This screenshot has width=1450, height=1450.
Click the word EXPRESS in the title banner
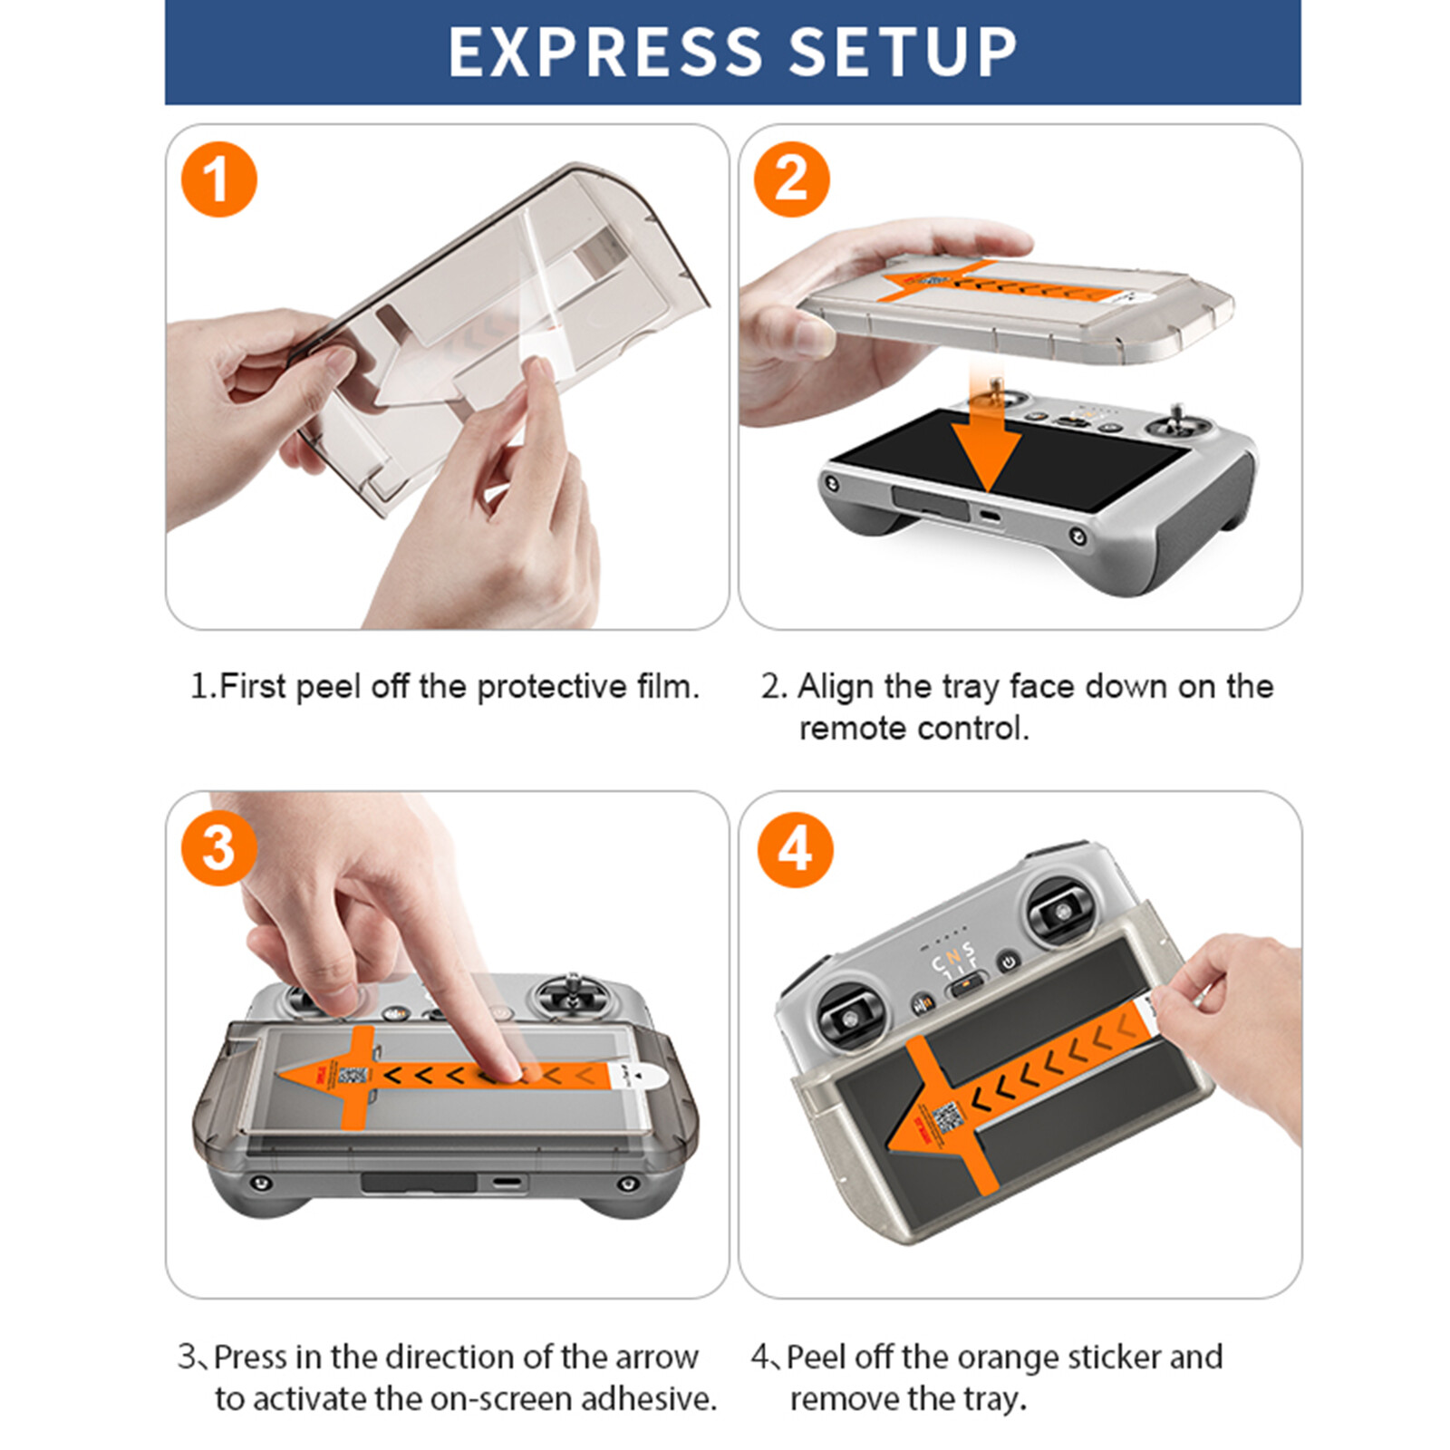coord(605,52)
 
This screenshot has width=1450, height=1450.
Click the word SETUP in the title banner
coord(903,52)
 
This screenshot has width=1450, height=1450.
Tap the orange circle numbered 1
coord(218,179)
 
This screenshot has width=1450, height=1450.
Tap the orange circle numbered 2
coord(791,179)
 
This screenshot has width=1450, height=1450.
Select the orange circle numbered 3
coord(218,848)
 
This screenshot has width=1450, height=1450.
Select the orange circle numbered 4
coord(795,849)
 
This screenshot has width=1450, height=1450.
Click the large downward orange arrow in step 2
coord(986,444)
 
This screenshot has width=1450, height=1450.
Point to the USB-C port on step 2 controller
coord(989,518)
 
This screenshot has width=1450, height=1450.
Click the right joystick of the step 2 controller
coord(1177,426)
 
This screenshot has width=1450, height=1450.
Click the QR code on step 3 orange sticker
coord(352,1076)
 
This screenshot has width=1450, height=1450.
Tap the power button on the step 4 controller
coord(1008,961)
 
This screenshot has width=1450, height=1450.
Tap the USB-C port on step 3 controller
coord(507,1184)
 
